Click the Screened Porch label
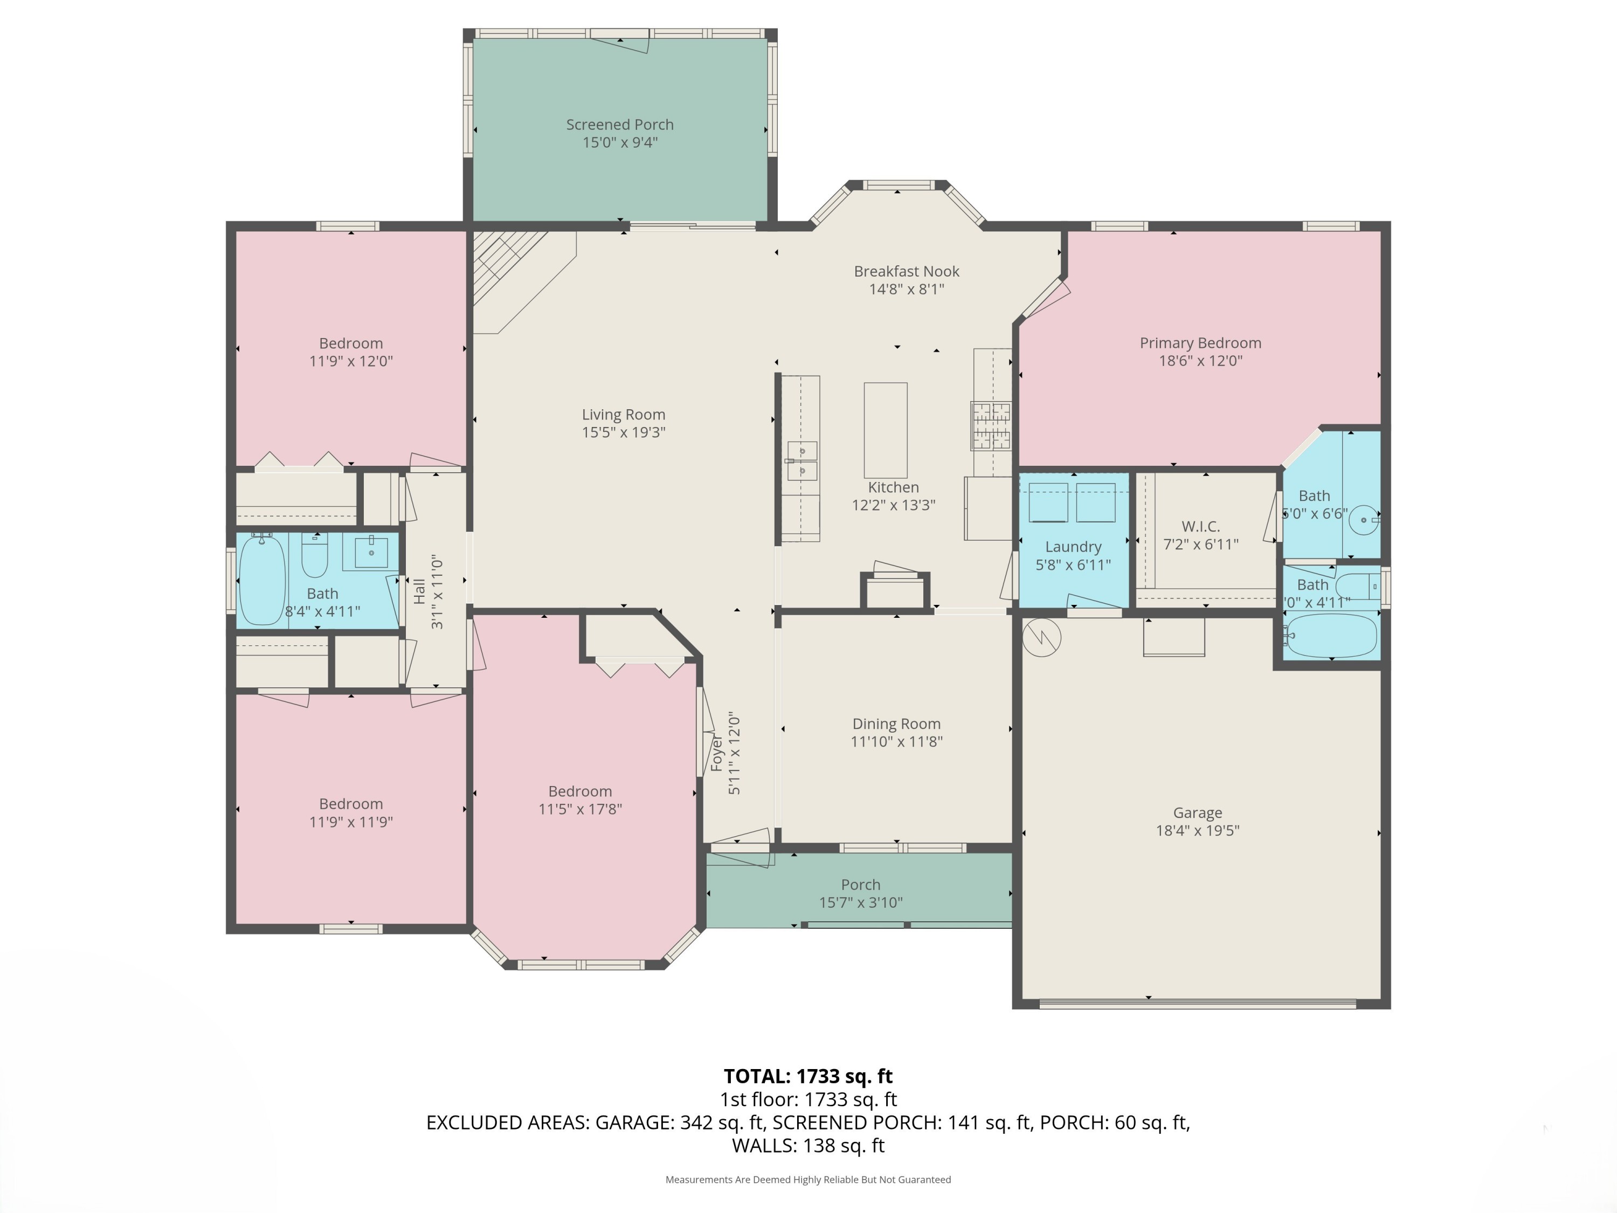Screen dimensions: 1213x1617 tap(619, 125)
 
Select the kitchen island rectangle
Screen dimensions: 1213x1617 tap(885, 430)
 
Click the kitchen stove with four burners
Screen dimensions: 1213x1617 tap(991, 425)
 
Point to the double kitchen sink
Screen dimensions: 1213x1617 tap(802, 460)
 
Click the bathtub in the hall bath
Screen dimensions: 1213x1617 tap(261, 579)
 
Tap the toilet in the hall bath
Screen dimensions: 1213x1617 tap(315, 557)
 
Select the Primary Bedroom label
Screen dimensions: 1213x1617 tap(1200, 342)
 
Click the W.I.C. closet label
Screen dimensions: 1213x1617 tap(1200, 526)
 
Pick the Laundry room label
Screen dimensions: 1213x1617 tap(1073, 546)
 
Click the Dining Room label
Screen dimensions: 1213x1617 tap(896, 723)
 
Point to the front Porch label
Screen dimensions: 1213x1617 tap(860, 885)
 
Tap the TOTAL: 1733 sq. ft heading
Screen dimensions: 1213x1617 tap(808, 1076)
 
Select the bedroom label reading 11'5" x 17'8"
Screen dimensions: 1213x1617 tap(579, 809)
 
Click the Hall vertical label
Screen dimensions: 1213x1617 tap(419, 591)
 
